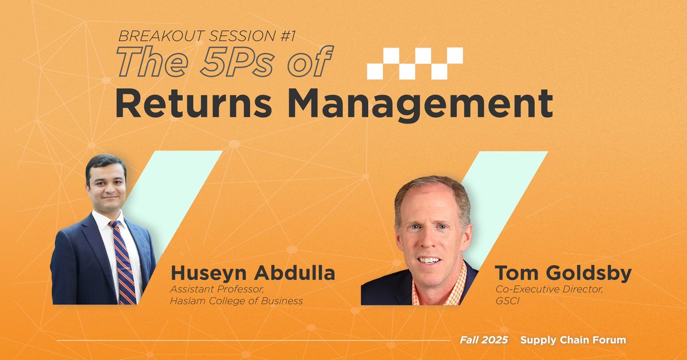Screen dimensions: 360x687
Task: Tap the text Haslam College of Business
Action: pos(236,301)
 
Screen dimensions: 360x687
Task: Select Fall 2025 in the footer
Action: pos(484,340)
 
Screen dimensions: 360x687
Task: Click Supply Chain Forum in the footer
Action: pos(572,340)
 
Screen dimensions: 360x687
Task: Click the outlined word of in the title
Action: pos(311,61)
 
